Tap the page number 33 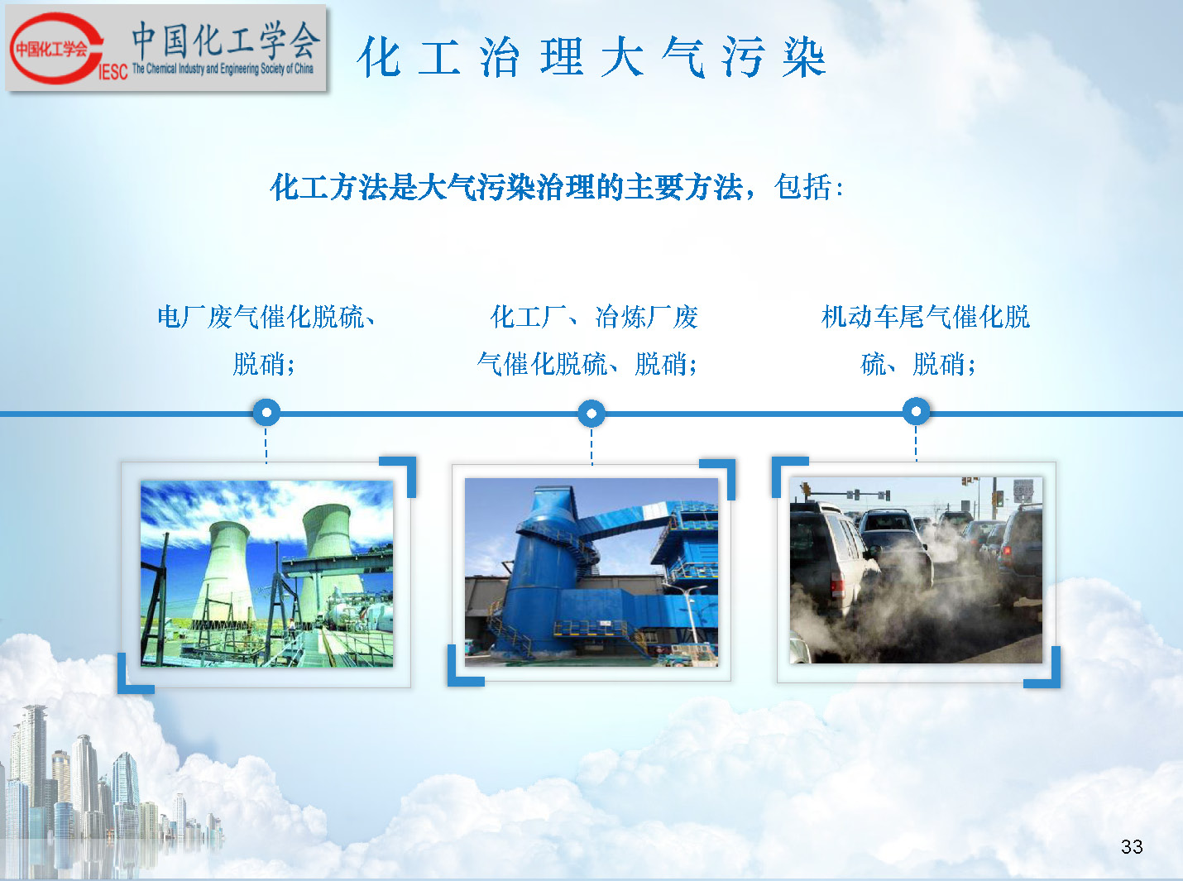click(x=1132, y=846)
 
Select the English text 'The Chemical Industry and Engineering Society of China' click(x=223, y=69)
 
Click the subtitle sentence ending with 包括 click(x=557, y=187)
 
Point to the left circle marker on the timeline click(x=266, y=412)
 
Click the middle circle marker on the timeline click(x=591, y=414)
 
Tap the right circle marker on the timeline click(x=917, y=411)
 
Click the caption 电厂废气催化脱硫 click(x=261, y=318)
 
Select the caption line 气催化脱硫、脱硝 click(x=587, y=364)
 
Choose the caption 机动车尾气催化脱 click(x=926, y=317)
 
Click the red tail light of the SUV click(x=837, y=585)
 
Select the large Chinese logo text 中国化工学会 click(x=226, y=40)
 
